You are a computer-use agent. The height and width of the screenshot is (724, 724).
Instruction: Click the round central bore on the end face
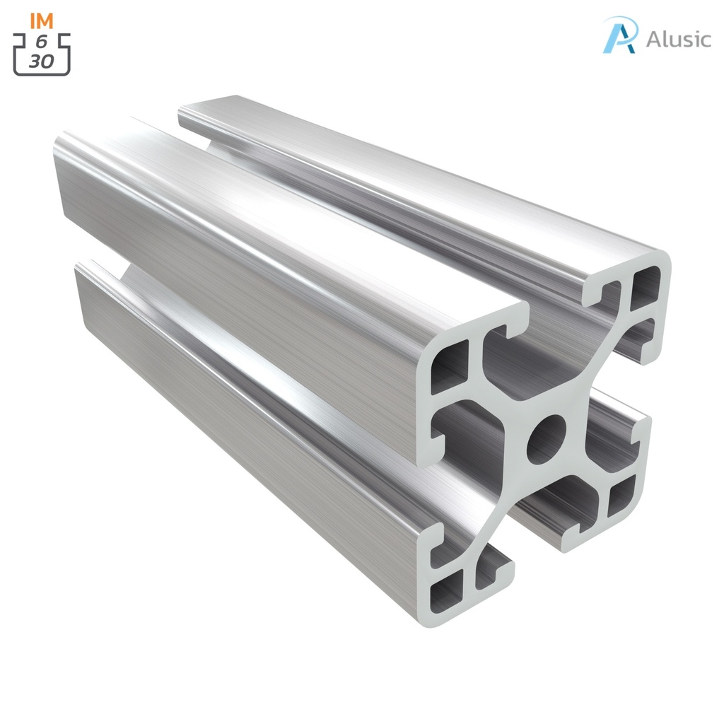coord(547,439)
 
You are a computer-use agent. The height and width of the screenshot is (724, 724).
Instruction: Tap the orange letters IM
coord(42,21)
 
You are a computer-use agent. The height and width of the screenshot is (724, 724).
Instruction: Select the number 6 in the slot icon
coord(42,42)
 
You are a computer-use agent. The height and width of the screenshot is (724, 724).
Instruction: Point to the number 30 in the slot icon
coord(42,62)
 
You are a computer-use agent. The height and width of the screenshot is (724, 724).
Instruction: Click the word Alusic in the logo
coord(678,39)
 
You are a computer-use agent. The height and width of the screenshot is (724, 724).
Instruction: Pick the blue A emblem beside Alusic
coord(620,35)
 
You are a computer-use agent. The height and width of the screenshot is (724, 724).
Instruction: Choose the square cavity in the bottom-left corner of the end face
coord(447,586)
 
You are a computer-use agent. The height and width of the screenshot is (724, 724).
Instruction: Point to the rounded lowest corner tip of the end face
coord(431,622)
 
